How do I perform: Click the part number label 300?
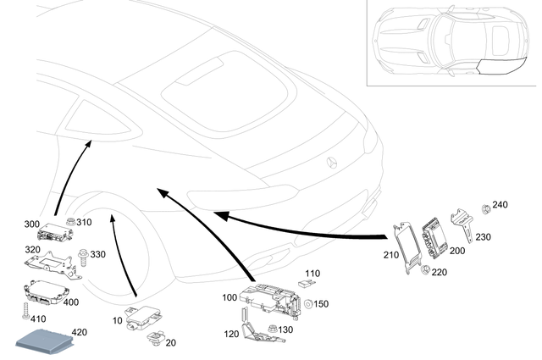tap(31, 224)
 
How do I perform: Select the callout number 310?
tap(84, 223)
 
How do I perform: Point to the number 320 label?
tap(31, 251)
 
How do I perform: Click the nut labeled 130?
tap(271, 328)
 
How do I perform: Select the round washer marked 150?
tap(310, 304)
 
